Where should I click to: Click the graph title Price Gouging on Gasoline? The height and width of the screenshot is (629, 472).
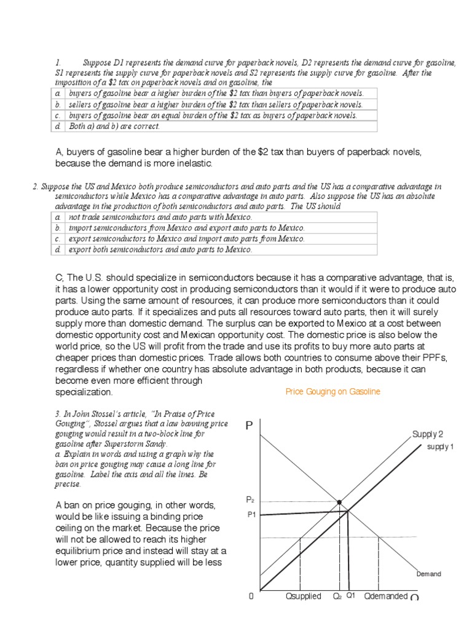point(332,392)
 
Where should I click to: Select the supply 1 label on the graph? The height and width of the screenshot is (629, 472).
point(440,447)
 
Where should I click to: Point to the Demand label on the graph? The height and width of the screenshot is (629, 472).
point(428,574)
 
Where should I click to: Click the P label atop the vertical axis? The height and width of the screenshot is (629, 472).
point(250,426)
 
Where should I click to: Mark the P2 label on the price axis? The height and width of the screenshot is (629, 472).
point(250,501)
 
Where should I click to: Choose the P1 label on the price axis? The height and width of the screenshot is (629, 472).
point(251,515)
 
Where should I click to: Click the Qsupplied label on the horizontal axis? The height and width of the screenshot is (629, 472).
point(304,596)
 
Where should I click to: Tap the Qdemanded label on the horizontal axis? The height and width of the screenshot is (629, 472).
point(385,596)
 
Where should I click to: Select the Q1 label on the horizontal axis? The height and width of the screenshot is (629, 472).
point(351,595)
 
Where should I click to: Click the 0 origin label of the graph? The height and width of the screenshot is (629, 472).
point(251,596)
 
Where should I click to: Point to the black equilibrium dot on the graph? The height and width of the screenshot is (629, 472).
point(339,502)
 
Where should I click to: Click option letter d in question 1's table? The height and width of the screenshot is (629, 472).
point(57,127)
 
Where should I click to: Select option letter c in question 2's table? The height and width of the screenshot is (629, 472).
point(57,239)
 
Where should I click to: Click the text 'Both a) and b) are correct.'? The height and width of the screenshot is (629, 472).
point(114,127)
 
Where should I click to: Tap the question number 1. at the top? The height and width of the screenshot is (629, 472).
point(58,63)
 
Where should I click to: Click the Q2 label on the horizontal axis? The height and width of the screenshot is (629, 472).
point(337,596)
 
